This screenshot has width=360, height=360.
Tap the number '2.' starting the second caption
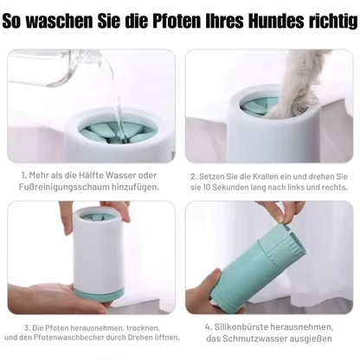pyautogui.click(x=195, y=175)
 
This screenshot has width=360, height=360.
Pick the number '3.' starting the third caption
pyautogui.click(x=29, y=327)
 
